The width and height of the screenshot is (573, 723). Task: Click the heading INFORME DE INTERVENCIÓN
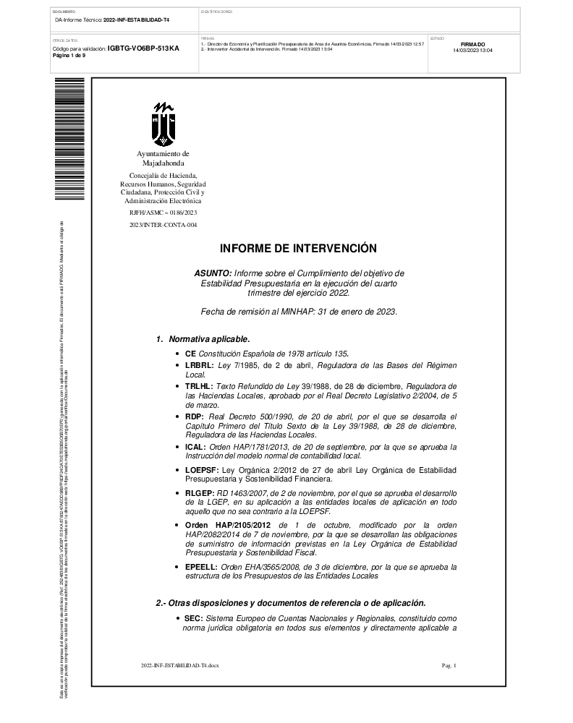pos(298,248)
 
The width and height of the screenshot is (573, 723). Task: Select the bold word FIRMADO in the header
pos(472,44)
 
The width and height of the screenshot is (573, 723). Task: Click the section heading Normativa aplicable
pos(209,339)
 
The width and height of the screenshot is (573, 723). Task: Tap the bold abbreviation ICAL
pos(196,448)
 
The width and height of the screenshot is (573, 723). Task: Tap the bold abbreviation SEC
pos(194,620)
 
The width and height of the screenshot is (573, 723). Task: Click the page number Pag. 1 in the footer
pos(449,664)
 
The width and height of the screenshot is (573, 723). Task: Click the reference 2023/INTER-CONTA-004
pos(163,226)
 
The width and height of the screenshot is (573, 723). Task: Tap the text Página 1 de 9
pos(69,55)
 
